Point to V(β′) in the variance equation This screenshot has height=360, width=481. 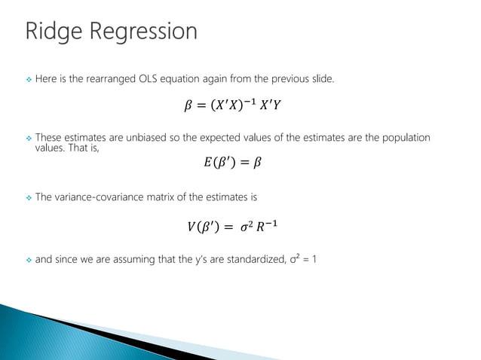[x=203, y=225]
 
